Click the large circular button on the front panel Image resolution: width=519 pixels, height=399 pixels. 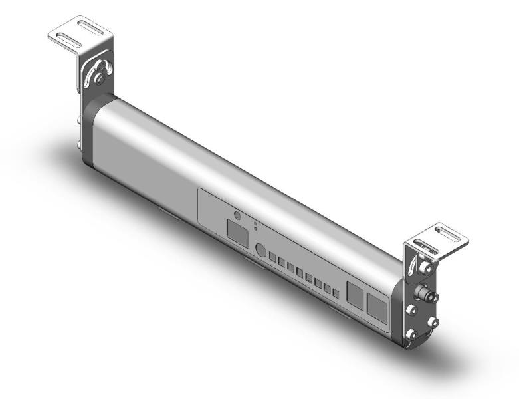(x=261, y=251)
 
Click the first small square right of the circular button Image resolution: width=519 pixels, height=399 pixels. (x=272, y=257)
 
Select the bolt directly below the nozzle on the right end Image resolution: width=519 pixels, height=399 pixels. (x=413, y=311)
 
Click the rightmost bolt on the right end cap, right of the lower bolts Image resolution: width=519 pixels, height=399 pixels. (x=434, y=321)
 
